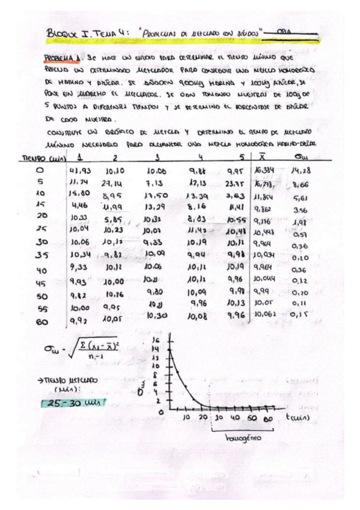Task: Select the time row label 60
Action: tap(40, 323)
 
